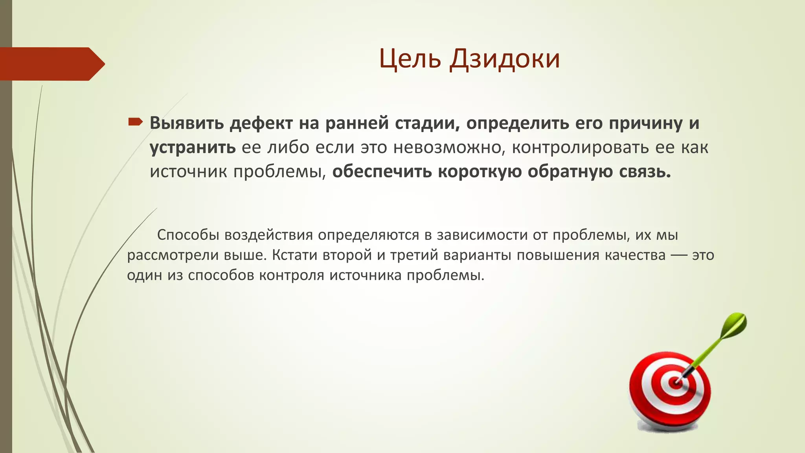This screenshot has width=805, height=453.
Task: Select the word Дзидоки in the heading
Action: click(x=505, y=59)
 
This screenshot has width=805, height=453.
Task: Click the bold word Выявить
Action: click(x=187, y=123)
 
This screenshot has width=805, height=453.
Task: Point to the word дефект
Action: click(x=261, y=123)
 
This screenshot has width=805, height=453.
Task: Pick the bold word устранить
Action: click(x=193, y=147)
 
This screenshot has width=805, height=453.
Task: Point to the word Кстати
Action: click(x=294, y=255)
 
